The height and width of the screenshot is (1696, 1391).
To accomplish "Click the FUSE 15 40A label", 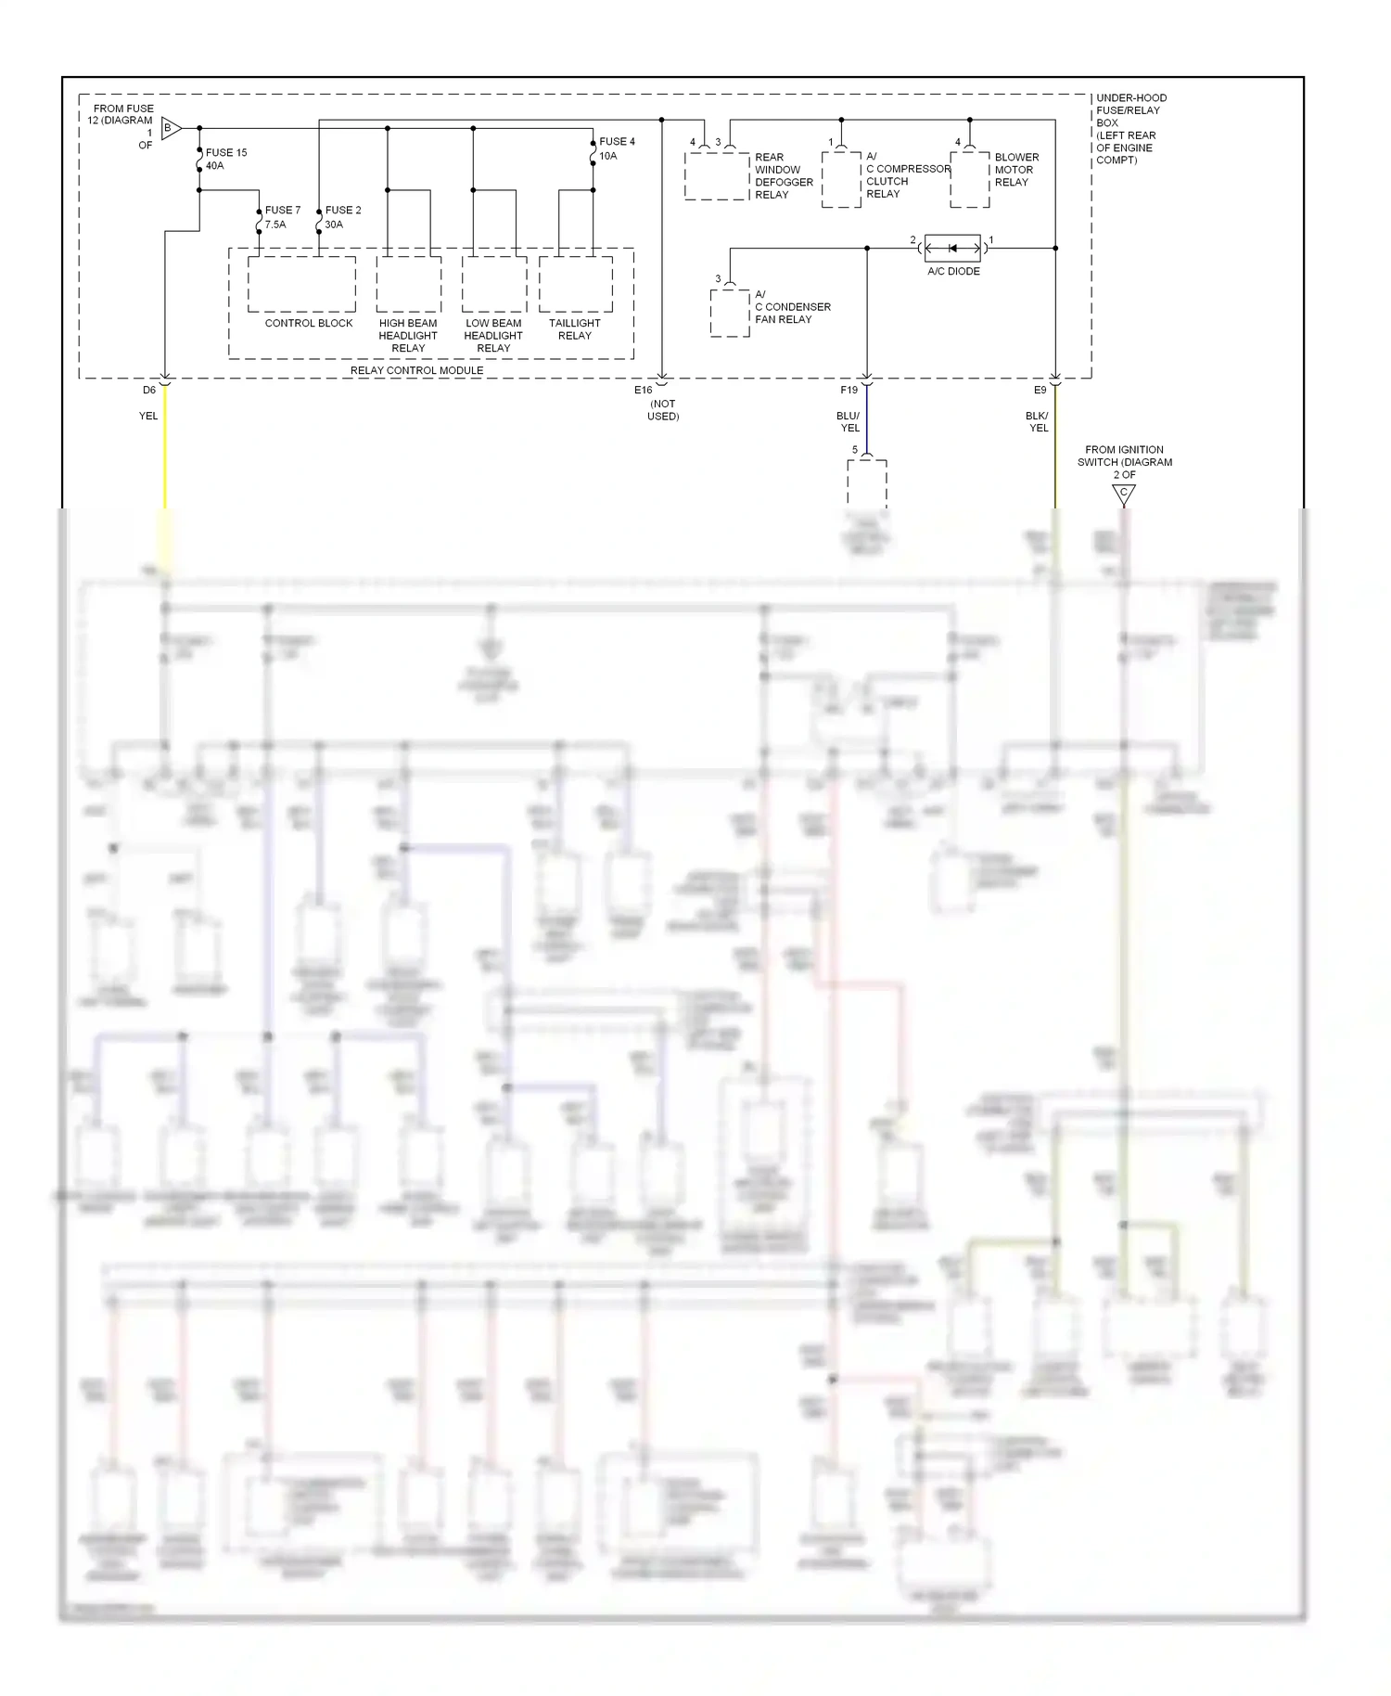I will [x=225, y=159].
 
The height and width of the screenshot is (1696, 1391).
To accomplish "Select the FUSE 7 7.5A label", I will [x=282, y=217].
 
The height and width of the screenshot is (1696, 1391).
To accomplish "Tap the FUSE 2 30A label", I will [x=342, y=217].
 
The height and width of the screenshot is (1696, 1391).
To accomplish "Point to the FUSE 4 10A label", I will [x=616, y=148].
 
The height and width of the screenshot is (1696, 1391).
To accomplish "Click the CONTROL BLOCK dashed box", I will [x=301, y=284].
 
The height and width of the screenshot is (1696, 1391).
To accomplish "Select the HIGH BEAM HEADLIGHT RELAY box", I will [x=408, y=284].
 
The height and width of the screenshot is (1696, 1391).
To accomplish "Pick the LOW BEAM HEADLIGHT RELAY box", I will [x=494, y=284].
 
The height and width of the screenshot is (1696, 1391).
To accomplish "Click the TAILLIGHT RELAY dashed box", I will [x=575, y=284].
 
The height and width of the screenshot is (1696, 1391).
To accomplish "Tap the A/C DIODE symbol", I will [x=952, y=248].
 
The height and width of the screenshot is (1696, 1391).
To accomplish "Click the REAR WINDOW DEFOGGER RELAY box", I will [x=716, y=176].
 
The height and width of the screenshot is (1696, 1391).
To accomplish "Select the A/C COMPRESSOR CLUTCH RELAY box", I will [x=841, y=179].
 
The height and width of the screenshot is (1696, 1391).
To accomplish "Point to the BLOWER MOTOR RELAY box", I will [x=969, y=179].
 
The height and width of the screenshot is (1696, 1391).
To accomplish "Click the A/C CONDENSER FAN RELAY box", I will [x=730, y=313].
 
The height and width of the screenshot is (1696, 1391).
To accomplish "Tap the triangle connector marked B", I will [x=171, y=128].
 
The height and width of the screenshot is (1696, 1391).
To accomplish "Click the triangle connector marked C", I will [x=1124, y=495].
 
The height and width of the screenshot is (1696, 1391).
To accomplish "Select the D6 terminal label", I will [x=149, y=390].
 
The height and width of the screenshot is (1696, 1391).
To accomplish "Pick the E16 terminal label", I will [x=643, y=390].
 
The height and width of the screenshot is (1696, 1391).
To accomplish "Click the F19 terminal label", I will [x=849, y=390].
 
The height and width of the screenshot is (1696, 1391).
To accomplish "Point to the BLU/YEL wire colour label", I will [x=849, y=422].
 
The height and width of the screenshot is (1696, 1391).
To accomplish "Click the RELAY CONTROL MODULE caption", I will [x=416, y=370].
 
